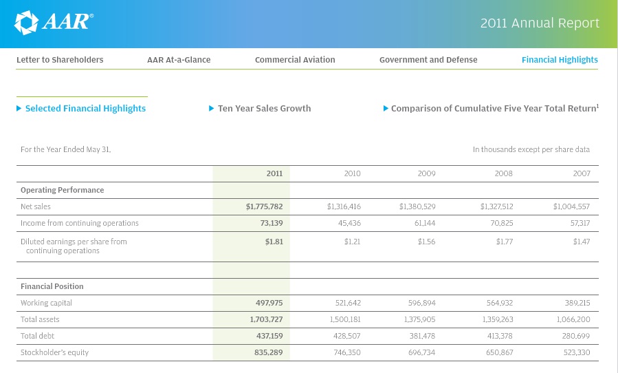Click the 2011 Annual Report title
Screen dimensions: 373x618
click(x=540, y=23)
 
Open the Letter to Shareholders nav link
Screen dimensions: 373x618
click(x=60, y=60)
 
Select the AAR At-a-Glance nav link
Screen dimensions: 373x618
click(x=179, y=60)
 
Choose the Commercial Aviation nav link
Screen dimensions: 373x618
click(x=295, y=60)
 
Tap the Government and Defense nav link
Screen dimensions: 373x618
click(x=428, y=60)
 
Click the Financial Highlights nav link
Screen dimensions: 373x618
click(x=560, y=60)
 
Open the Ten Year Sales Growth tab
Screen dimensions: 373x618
click(x=264, y=108)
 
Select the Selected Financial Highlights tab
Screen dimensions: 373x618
click(x=85, y=108)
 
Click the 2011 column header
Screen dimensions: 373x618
click(x=274, y=173)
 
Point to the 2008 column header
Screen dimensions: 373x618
click(x=504, y=173)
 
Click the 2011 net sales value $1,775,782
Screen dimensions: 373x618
click(x=264, y=206)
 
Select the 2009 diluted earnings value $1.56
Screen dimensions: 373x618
click(x=426, y=242)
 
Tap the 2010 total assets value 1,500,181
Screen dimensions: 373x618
click(x=344, y=319)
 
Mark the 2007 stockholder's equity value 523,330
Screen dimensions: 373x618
click(x=576, y=352)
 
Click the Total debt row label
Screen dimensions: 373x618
click(x=37, y=336)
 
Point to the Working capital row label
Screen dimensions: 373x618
click(x=46, y=303)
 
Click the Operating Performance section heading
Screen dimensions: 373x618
click(x=62, y=190)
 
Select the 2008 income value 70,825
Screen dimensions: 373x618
click(x=499, y=223)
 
